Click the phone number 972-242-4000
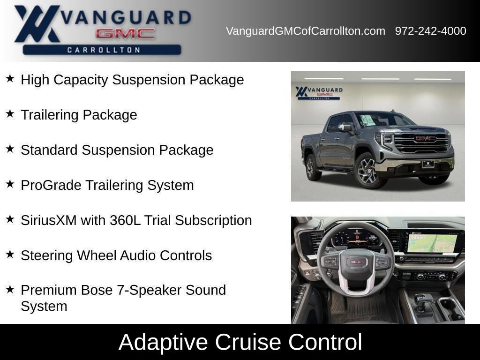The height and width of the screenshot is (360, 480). coord(430,31)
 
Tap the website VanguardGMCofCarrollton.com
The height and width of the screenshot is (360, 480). coord(306,31)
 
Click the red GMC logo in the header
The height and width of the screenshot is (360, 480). coord(125,33)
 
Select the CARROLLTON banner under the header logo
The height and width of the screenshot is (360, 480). coord(102,50)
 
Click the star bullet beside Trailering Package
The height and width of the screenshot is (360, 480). coord(10,114)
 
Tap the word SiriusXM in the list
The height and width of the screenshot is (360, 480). coord(49,220)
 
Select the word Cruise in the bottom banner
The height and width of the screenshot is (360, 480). coord(248,342)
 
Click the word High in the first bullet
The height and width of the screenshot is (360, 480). coord(35,80)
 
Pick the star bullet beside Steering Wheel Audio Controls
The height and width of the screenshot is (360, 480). coord(10,254)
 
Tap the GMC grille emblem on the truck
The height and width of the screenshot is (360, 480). coord(426,139)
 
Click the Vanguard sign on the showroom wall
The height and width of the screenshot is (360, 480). coord(319,92)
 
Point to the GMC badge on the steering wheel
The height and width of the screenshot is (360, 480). coord(357,262)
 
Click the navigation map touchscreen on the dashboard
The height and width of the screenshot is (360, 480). coord(432,243)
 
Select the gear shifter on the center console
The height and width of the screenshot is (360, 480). coord(420,303)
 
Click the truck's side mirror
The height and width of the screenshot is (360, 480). coord(345,127)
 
